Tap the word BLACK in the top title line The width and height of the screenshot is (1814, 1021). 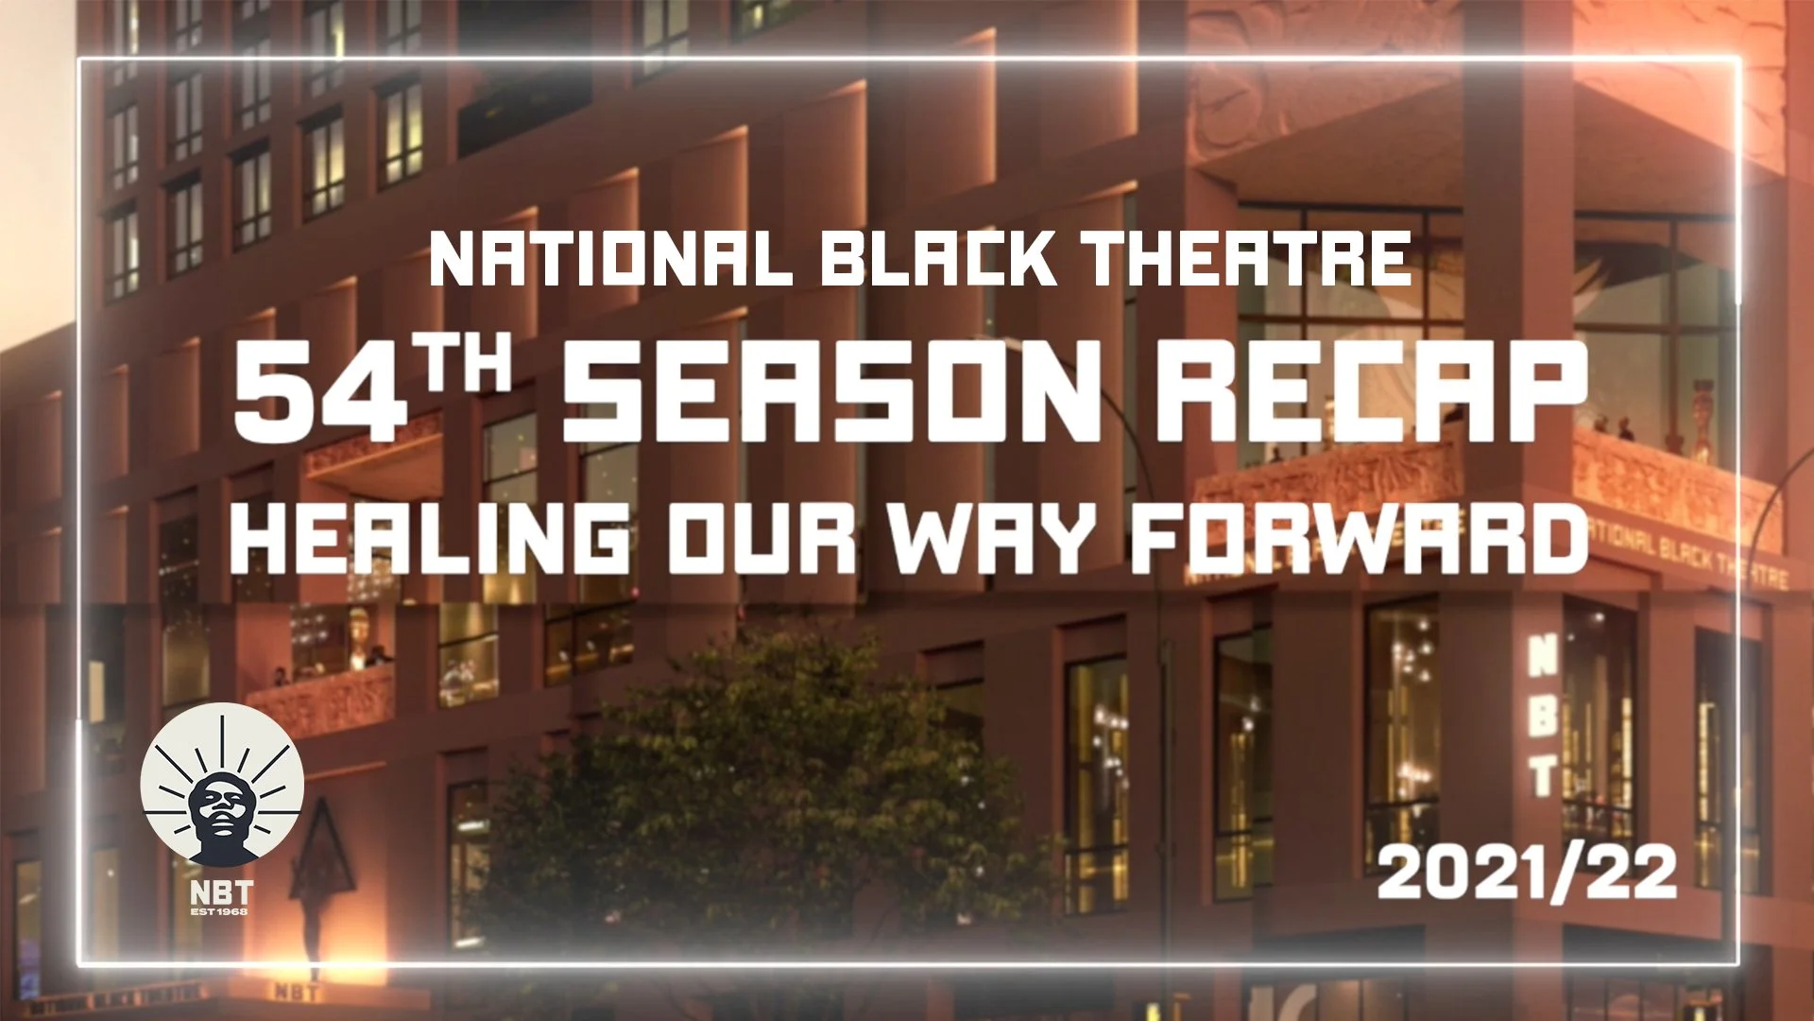938,259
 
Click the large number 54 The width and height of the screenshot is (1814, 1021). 317,390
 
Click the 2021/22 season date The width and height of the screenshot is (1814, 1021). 1527,873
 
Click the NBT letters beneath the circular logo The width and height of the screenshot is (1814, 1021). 221,892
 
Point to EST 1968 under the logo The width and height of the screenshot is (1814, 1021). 220,911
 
